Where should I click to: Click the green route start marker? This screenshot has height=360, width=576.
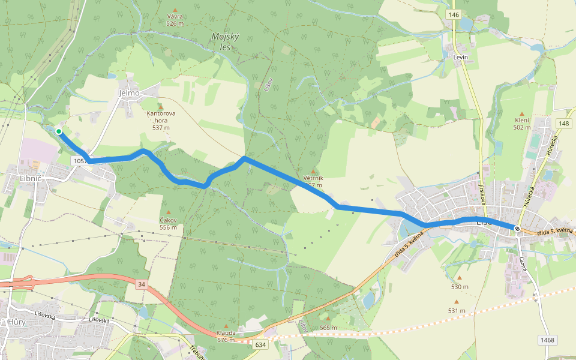(59, 131)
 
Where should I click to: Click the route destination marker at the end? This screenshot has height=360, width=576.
(517, 228)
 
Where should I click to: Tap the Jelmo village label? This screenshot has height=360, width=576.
(129, 93)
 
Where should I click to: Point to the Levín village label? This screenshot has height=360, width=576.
(460, 56)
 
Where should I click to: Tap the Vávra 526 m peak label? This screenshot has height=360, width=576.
(175, 20)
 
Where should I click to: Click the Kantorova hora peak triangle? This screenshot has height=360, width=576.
(160, 106)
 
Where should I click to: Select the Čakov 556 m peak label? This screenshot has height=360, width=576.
(168, 223)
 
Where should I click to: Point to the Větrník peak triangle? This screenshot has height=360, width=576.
(313, 172)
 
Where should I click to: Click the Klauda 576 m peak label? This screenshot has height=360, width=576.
(226, 336)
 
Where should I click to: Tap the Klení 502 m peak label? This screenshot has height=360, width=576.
(521, 124)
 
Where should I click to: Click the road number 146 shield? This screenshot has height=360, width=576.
(453, 14)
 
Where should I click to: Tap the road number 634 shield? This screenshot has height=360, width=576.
(260, 344)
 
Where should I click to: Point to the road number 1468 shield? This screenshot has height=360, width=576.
(547, 340)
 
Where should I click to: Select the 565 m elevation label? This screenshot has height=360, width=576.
(328, 328)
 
